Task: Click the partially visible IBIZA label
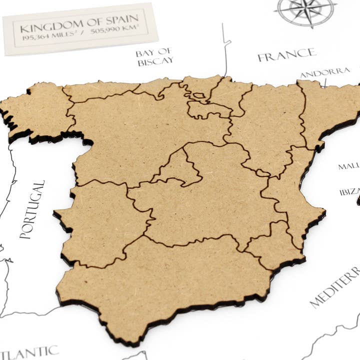click(349, 192)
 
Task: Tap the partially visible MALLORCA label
click(348, 166)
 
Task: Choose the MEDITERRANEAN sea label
click(334, 287)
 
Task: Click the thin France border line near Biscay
click(225, 50)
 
